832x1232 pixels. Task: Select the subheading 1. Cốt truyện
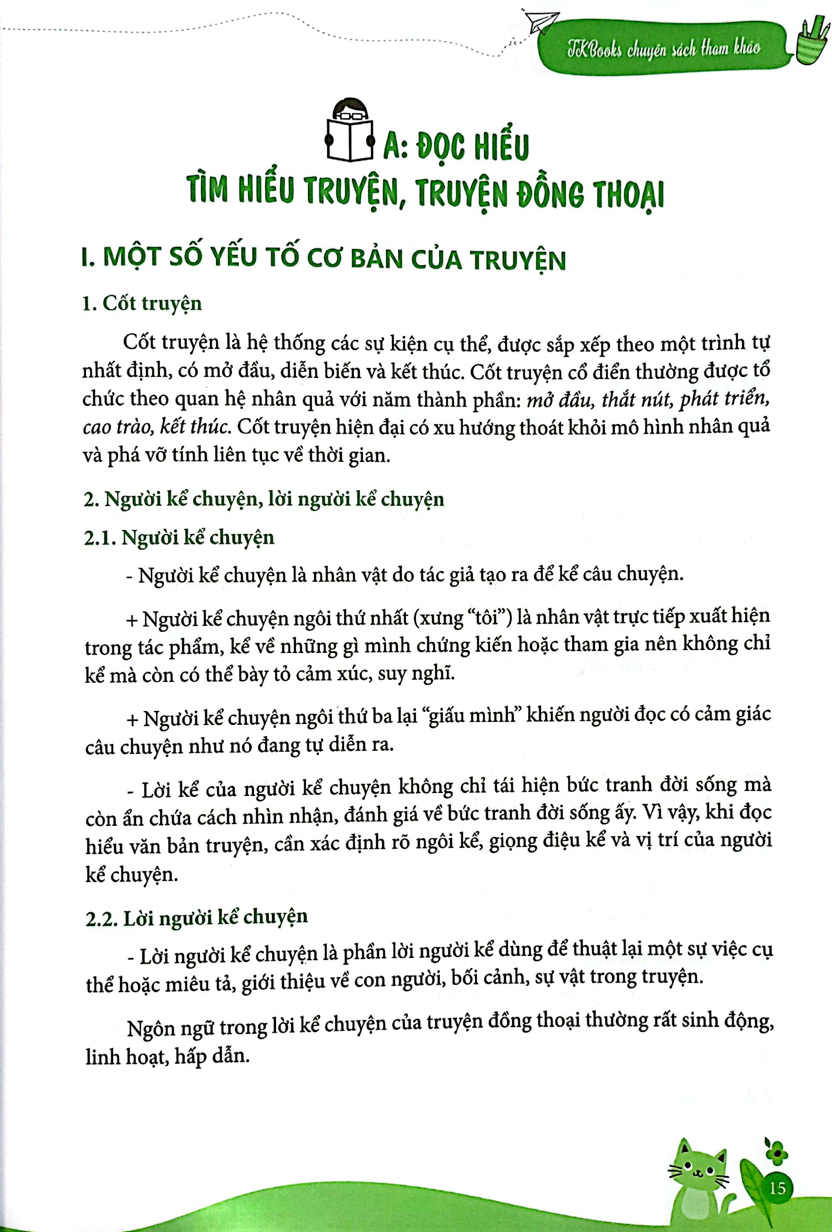142,304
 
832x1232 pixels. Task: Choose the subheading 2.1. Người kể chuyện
179,538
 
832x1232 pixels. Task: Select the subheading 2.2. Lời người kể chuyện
196,918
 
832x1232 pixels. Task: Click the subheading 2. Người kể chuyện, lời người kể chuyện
263,499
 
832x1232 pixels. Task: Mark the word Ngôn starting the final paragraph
151,1028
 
